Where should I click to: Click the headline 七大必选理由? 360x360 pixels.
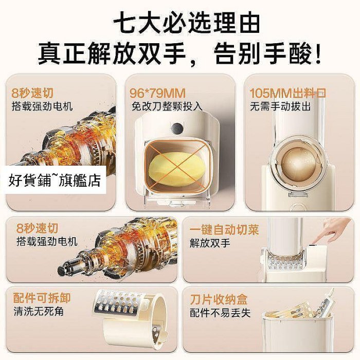point(187,24)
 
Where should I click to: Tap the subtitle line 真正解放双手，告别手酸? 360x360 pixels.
point(179,54)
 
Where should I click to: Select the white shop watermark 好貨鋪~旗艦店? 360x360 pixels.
point(55,181)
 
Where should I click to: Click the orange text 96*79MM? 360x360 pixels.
point(157,93)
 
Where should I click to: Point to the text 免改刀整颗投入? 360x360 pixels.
point(167,106)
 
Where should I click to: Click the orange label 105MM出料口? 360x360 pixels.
point(288,93)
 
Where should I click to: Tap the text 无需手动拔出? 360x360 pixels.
point(280,106)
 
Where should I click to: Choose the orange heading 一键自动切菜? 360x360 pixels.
point(224,229)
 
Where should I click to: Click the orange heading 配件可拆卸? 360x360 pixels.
point(42,298)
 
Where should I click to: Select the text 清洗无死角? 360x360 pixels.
point(39,312)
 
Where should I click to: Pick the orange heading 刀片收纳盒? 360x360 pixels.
point(219,299)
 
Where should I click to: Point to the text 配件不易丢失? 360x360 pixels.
point(220,313)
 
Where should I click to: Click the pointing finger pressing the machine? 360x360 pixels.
point(331,231)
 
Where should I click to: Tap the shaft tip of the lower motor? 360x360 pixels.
point(62,270)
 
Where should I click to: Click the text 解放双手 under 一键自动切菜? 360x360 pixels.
point(210,243)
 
